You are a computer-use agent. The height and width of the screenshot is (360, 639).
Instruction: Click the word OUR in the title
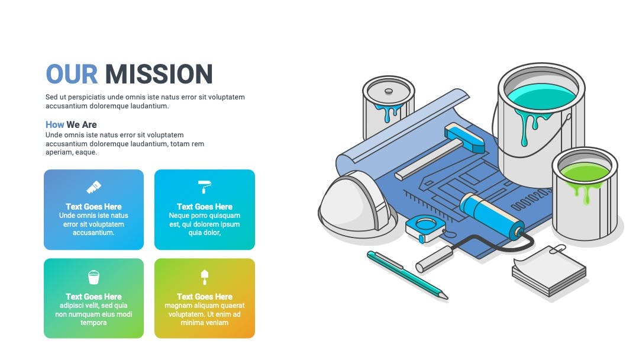click(x=72, y=74)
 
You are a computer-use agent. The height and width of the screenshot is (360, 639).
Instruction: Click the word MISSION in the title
click(x=159, y=74)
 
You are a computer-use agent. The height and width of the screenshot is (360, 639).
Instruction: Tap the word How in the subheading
click(x=54, y=125)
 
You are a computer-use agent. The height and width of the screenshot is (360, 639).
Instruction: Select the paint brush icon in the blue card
click(x=93, y=187)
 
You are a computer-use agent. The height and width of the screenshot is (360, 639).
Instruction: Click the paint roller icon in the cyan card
click(x=205, y=187)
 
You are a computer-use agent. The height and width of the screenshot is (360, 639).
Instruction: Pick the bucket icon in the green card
click(x=93, y=277)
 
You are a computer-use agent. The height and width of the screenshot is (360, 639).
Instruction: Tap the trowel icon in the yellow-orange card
click(x=205, y=277)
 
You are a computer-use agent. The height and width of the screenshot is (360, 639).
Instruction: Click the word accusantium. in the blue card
click(x=93, y=233)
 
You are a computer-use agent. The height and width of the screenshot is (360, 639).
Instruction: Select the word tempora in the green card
click(x=93, y=323)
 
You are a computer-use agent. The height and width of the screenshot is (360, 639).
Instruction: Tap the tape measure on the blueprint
click(x=425, y=228)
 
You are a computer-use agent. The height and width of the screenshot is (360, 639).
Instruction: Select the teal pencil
click(x=408, y=275)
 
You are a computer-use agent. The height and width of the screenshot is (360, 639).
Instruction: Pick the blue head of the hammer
click(x=464, y=137)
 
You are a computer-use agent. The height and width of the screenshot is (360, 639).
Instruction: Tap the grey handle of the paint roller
click(x=434, y=259)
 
